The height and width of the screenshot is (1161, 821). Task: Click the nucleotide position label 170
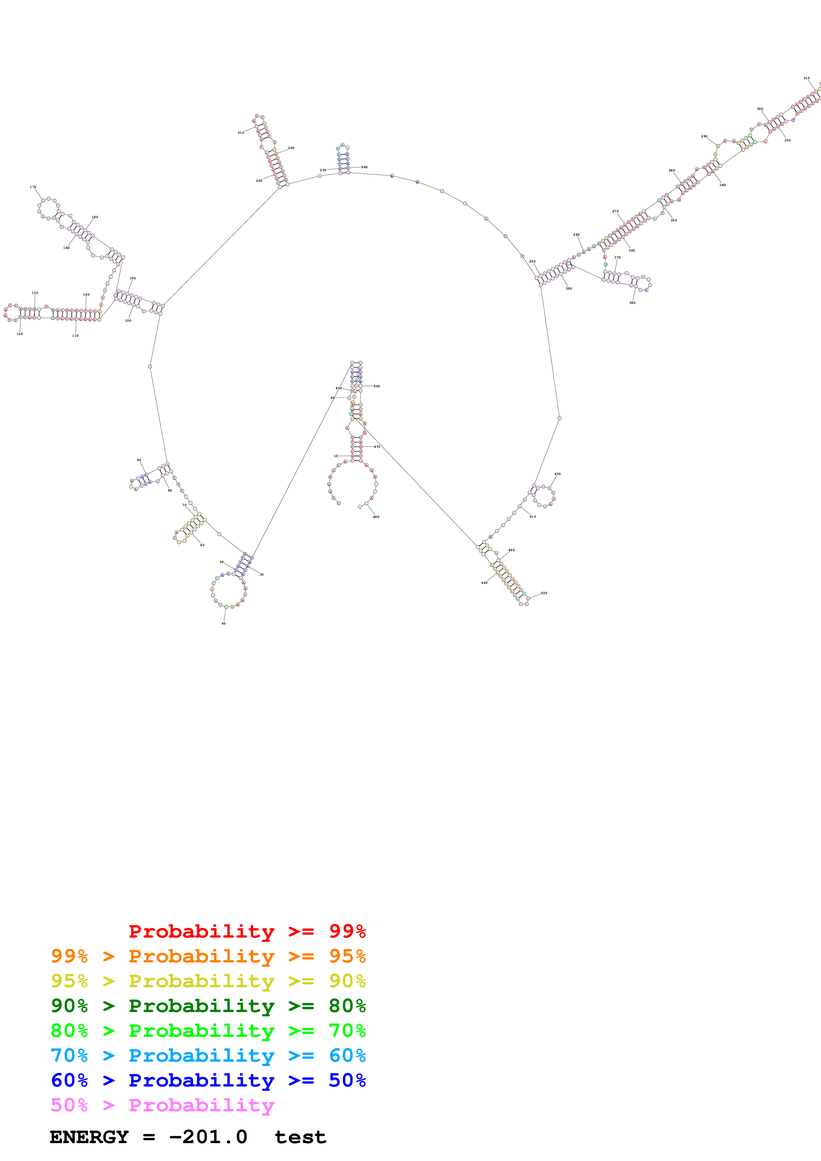[x=33, y=187]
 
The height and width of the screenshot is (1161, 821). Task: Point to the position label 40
[x=224, y=624]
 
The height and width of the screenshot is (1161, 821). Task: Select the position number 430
[x=544, y=593]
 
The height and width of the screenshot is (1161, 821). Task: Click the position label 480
[x=376, y=517]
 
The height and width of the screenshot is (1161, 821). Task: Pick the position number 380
[x=632, y=303]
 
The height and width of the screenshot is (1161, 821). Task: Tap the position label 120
[x=20, y=334]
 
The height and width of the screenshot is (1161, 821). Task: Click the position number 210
[x=241, y=132]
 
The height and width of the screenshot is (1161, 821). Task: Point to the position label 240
[x=364, y=167]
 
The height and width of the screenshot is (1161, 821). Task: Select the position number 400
[x=557, y=474]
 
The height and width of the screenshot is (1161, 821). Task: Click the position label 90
[x=139, y=460]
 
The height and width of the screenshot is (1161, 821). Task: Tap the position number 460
[x=377, y=386]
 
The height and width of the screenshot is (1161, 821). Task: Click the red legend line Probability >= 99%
[x=247, y=931]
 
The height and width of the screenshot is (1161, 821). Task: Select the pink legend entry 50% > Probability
[x=162, y=1105]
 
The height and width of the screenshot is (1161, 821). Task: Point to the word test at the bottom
[x=300, y=1137]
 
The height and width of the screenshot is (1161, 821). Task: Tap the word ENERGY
[x=89, y=1137]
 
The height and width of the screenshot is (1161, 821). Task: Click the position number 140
[x=86, y=294]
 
